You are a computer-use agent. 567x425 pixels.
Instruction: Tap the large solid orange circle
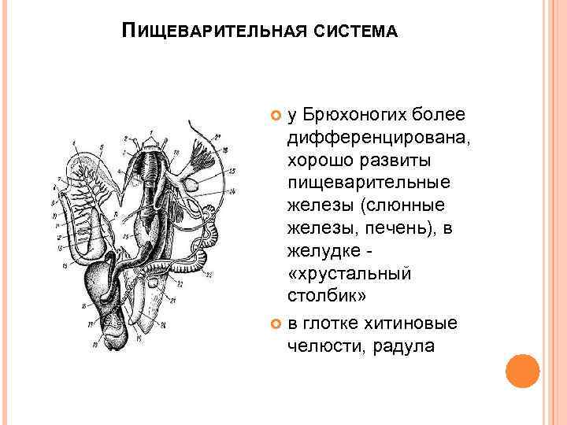point(522,371)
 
